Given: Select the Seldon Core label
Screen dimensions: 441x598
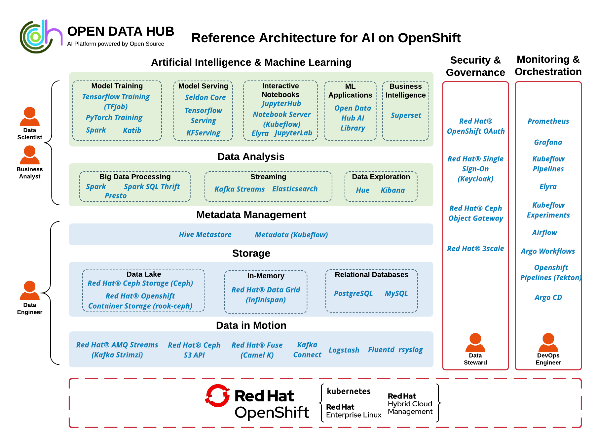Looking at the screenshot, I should tap(205, 97).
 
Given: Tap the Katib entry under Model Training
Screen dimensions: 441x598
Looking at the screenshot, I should tap(132, 130).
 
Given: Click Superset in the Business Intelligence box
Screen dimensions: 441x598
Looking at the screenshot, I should tap(406, 115).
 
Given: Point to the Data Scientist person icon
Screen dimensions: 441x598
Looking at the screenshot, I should tap(30, 116).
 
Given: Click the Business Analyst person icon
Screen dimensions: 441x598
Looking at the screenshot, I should tap(30, 155).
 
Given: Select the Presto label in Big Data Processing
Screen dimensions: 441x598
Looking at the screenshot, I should tap(116, 196).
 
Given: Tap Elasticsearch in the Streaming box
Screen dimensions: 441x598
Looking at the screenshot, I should tap(295, 189).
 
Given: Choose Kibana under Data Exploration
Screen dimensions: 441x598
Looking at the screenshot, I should tap(392, 190).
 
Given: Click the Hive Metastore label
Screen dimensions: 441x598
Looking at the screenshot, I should tap(205, 234).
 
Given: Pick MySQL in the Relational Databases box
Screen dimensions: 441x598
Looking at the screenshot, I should tap(396, 293).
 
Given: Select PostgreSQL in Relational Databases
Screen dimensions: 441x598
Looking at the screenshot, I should tap(353, 293).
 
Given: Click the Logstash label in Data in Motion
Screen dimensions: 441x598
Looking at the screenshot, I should tap(344, 350).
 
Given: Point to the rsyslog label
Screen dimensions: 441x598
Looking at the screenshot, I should tap(411, 350).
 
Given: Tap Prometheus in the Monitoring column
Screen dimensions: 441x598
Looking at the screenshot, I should tap(548, 121).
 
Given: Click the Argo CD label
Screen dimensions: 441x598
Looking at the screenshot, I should tap(548, 297).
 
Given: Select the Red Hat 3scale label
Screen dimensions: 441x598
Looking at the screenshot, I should tap(475, 249).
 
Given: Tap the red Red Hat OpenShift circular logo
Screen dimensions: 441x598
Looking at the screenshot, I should tap(217, 395).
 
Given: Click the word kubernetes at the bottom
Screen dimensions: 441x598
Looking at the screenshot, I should tap(349, 391).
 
